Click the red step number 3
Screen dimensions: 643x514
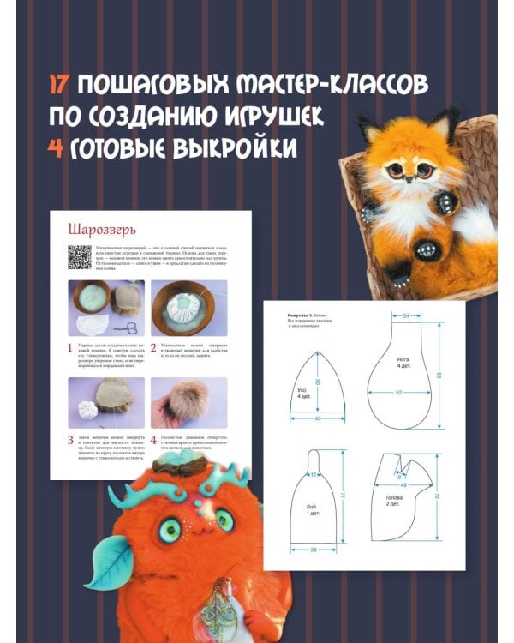click(x=71, y=439)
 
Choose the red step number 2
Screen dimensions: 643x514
click(x=155, y=349)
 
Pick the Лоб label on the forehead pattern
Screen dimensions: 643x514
click(x=310, y=508)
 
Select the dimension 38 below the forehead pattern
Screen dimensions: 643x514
click(x=313, y=549)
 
